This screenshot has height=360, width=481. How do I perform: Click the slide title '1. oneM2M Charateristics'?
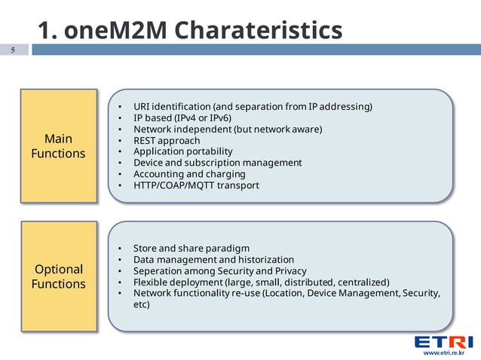189,30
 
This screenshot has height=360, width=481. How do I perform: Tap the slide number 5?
13,50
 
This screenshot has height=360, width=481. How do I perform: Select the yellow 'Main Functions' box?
59,146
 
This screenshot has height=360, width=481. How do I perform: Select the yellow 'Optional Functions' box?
59,276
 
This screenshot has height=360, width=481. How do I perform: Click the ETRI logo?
443,342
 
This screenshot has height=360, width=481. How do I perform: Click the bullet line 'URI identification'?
253,106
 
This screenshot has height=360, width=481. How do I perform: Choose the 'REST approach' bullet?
167,140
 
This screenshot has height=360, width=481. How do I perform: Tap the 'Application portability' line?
182,151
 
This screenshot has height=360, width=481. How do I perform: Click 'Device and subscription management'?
217,163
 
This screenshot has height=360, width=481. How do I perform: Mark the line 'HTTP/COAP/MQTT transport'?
196,185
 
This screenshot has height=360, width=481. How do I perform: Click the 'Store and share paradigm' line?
191,248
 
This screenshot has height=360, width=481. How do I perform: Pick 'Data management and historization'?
213,259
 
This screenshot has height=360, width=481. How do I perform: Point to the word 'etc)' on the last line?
142,304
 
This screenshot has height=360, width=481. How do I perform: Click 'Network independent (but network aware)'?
228,129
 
